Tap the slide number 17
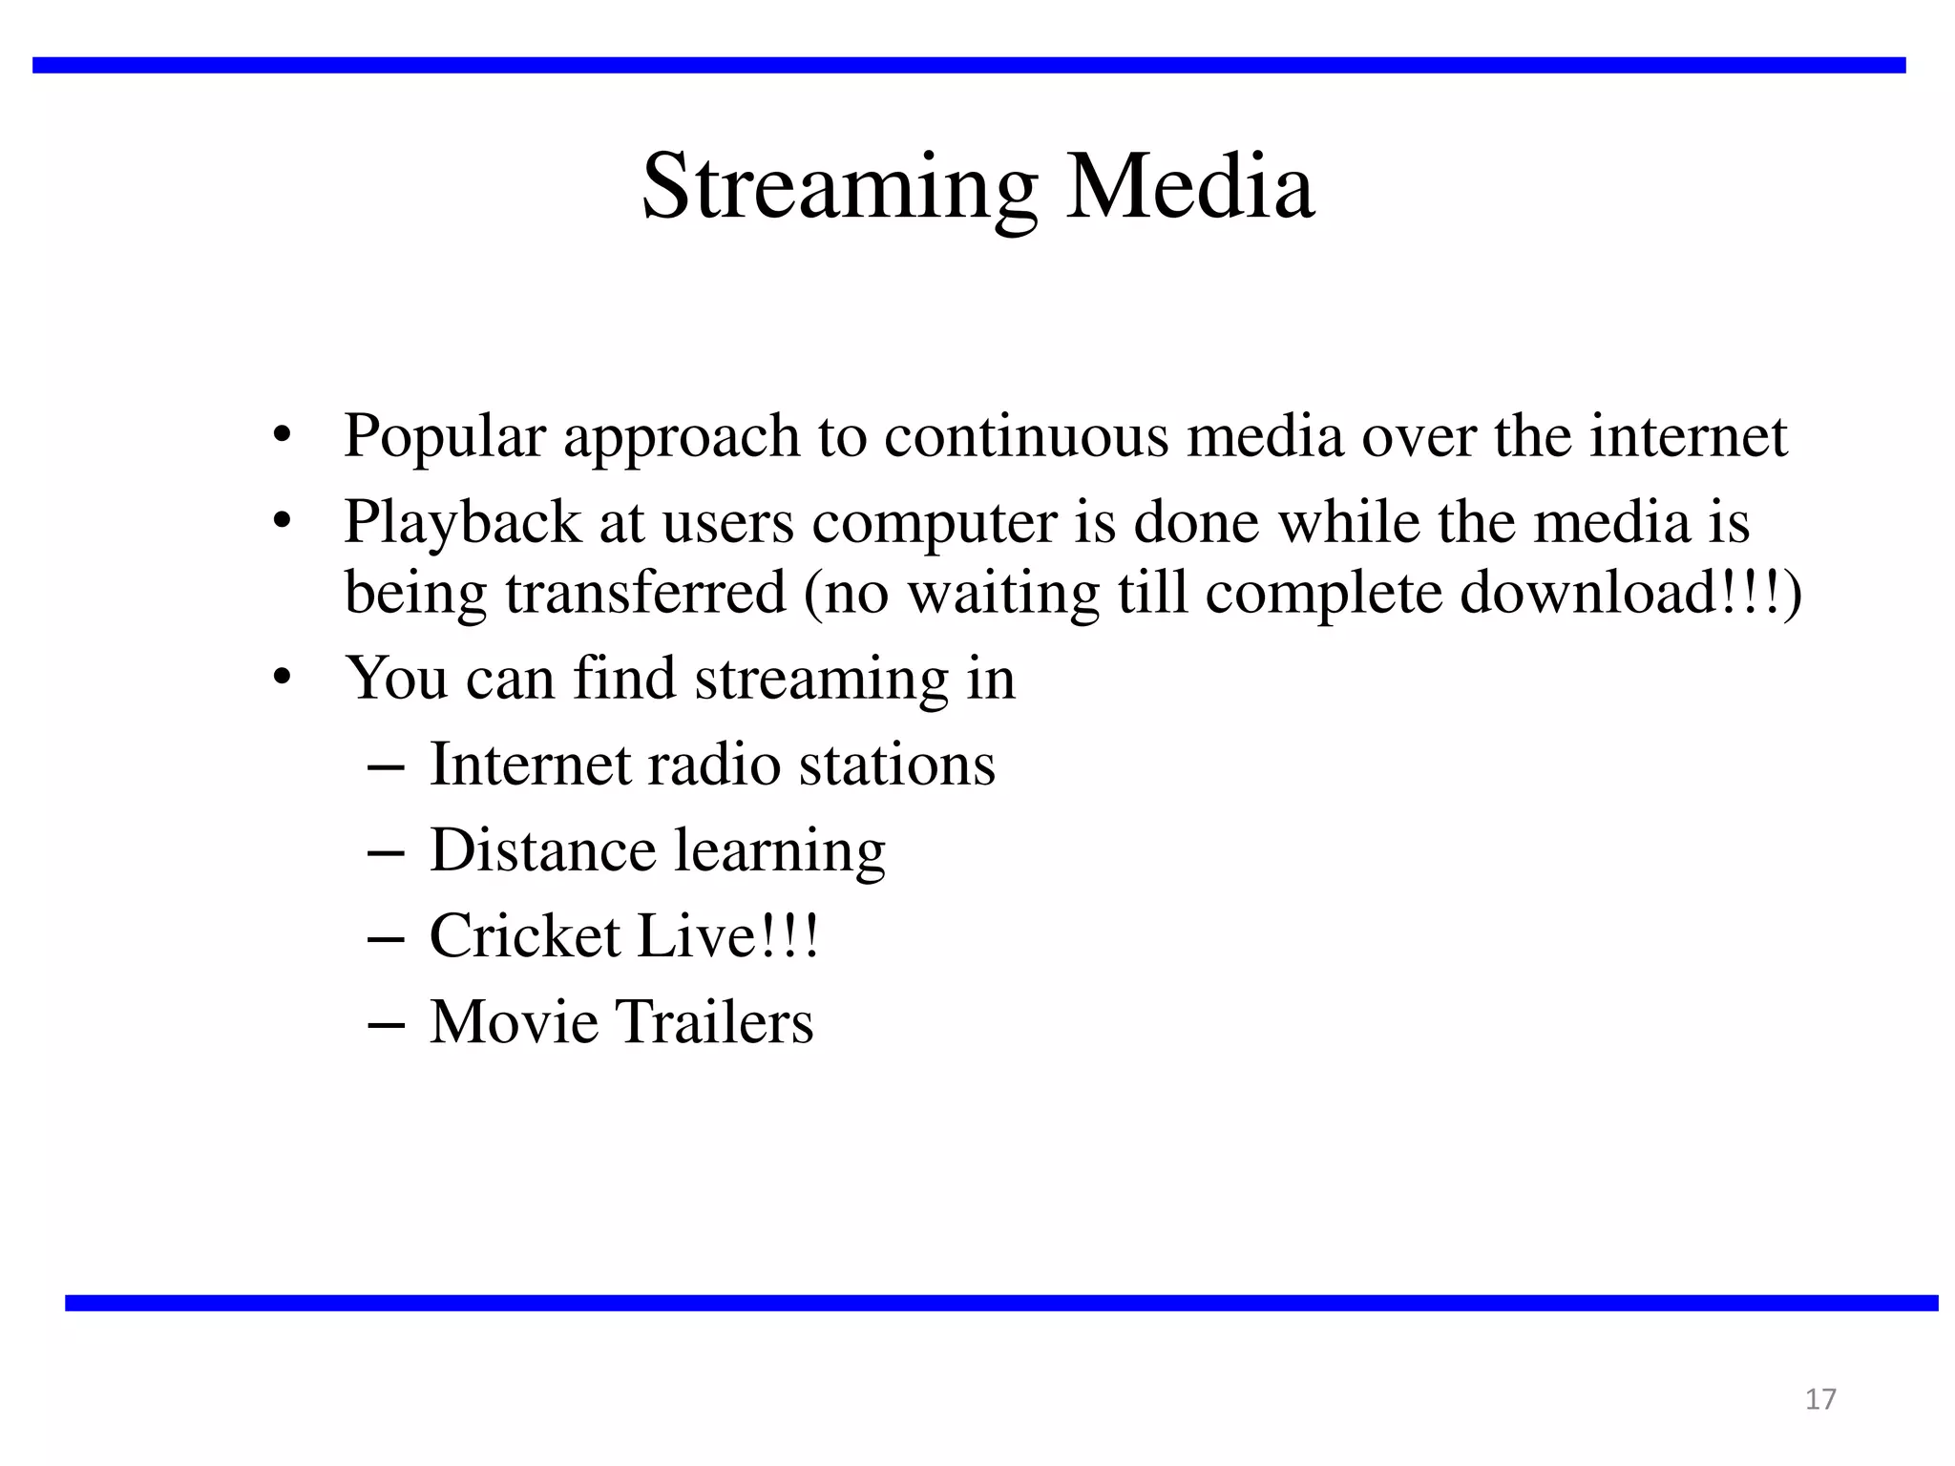pos(1820,1399)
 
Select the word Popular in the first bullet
pos(444,437)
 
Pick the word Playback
pos(462,523)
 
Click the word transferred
pos(645,592)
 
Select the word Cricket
pos(525,936)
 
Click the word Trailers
pos(714,1022)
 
